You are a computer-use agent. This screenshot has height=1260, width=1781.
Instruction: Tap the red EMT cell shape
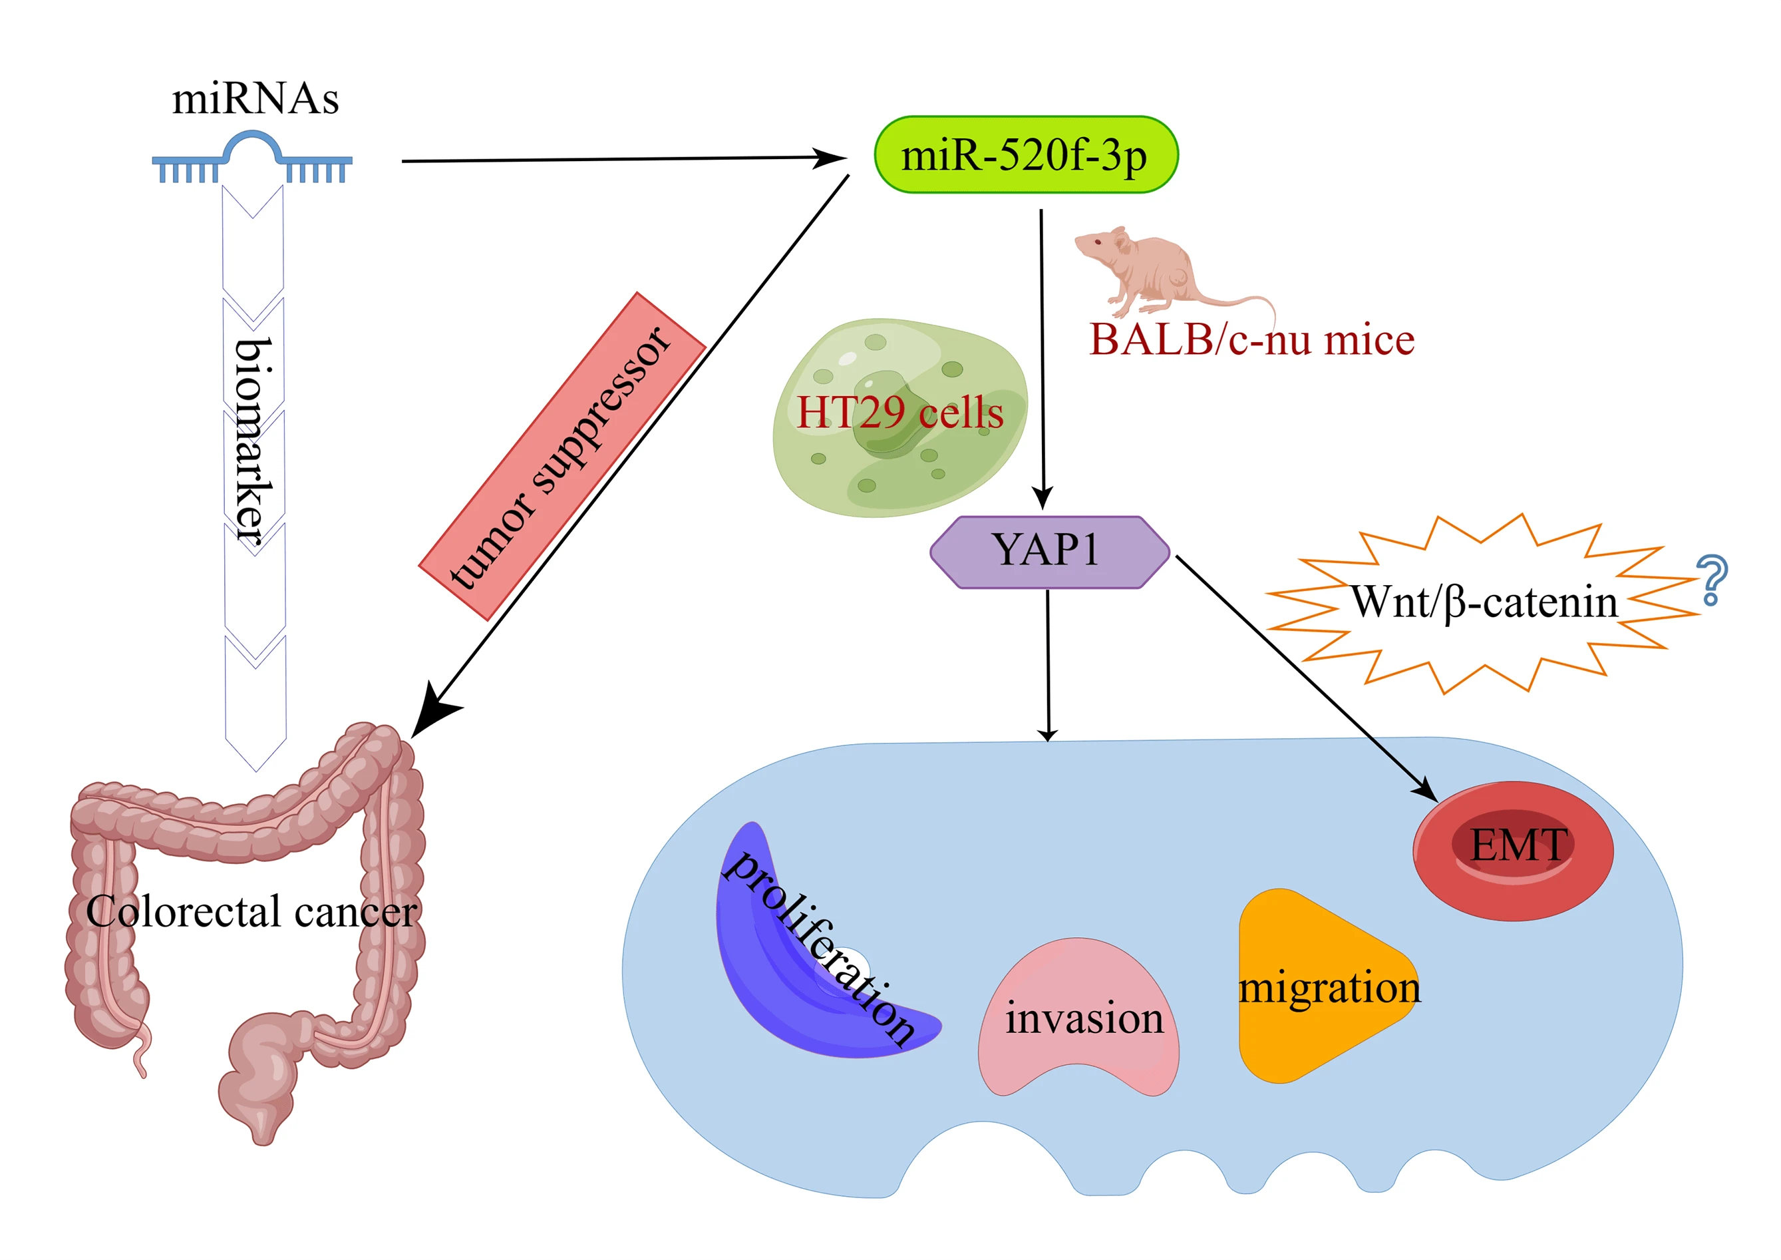click(1513, 851)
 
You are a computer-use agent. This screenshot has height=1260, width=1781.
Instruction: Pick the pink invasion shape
click(1078, 1017)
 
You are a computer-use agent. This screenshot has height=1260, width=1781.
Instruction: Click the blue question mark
click(1711, 580)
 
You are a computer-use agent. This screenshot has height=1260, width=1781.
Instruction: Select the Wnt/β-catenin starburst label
click(1483, 603)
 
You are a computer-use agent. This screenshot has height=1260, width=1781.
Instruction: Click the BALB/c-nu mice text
click(1252, 340)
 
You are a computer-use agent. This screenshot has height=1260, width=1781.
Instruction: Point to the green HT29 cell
click(899, 417)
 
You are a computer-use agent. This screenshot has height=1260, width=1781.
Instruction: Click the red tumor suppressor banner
click(562, 456)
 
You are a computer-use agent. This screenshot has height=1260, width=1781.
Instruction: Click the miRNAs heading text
click(255, 99)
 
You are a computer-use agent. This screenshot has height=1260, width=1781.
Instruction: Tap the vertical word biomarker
click(253, 440)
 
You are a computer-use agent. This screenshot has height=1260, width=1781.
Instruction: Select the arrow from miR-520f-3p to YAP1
click(1043, 359)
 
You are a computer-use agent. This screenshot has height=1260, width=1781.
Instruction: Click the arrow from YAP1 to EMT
click(1307, 678)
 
